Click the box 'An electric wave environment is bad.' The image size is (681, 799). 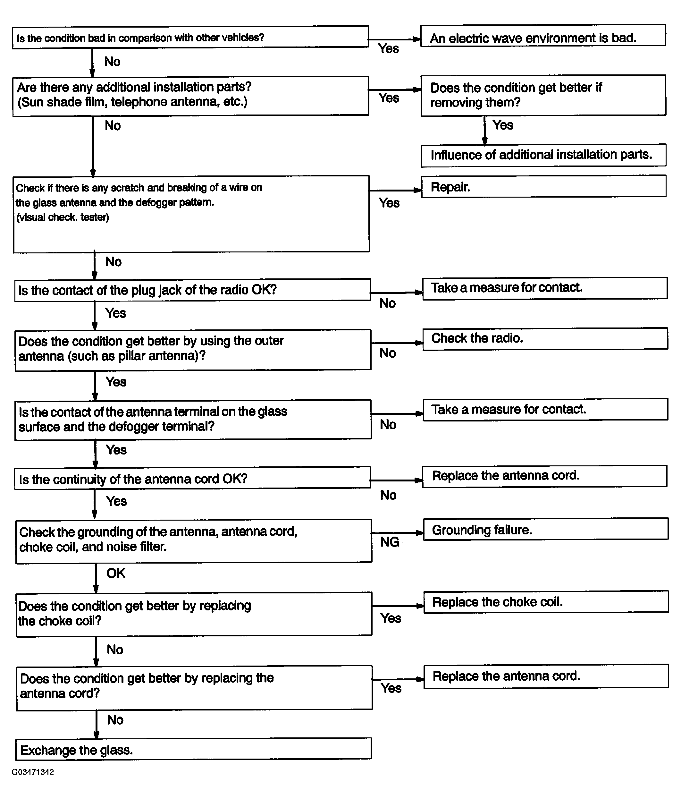[542, 36]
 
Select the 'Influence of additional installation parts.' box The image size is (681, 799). [543, 155]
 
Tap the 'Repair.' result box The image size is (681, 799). [543, 187]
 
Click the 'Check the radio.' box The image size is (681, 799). [545, 339]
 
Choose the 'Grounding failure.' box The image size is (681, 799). [545, 529]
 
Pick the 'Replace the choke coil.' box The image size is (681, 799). [546, 601]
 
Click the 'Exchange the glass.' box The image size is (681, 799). [193, 749]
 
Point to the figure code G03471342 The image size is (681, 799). [33, 772]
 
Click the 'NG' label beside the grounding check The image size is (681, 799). [389, 542]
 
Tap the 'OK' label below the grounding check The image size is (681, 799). [116, 573]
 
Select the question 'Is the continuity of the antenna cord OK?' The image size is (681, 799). [192, 478]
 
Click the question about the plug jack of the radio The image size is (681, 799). [192, 290]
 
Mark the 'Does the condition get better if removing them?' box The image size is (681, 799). [543, 95]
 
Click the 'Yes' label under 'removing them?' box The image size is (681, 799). [502, 125]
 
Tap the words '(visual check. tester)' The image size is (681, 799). [63, 217]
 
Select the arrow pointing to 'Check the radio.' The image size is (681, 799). [397, 343]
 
